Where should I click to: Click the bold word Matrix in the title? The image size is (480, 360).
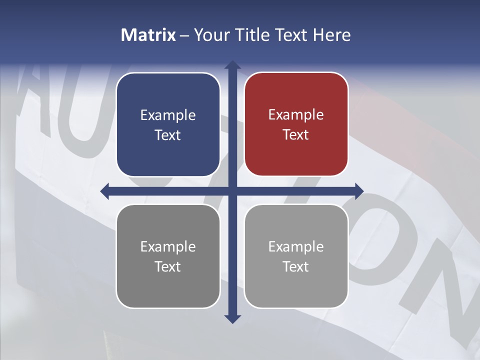coord(148,35)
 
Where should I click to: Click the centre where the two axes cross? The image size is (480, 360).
coord(232,191)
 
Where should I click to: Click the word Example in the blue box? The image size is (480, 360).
coord(168,115)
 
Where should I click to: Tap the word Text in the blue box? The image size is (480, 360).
coord(168,135)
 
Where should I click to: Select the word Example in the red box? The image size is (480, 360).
coord(296,115)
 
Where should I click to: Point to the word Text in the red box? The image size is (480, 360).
coord(296,135)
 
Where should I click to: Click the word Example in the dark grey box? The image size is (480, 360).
coord(168,247)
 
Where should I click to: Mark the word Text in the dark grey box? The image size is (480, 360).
coord(168,267)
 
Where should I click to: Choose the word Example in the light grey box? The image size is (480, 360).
coord(296,247)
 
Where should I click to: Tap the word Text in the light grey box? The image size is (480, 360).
coord(296,267)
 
